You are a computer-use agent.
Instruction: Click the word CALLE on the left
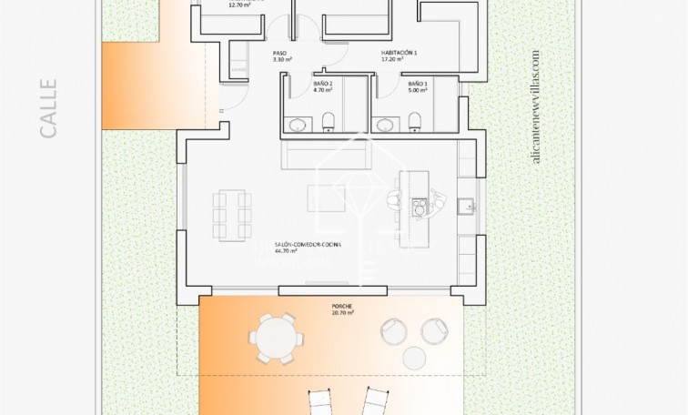[x=48, y=108]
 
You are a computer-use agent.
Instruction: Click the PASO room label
[x=279, y=55]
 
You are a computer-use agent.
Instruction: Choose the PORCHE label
[x=343, y=306]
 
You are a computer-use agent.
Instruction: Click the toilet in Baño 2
[x=328, y=122]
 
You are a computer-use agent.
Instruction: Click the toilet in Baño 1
[x=416, y=122]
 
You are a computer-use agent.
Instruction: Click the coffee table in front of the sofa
[x=325, y=196]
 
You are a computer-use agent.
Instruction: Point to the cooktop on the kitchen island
[x=419, y=208]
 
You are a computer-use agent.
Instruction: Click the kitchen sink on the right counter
[x=465, y=206]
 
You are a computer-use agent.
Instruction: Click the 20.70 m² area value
[x=343, y=313]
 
